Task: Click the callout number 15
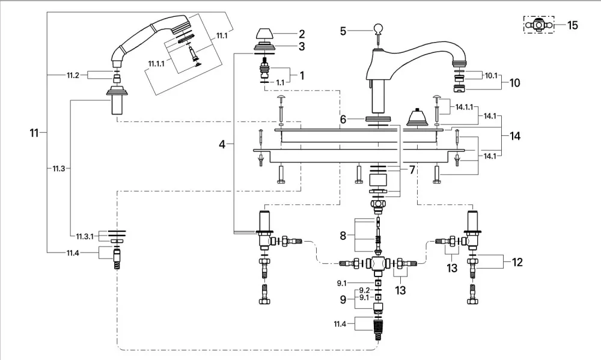coord(572,25)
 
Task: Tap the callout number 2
coord(302,34)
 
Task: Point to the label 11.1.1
coord(156,64)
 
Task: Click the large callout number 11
coord(34,133)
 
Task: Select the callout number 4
coord(222,144)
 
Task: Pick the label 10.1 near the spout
coord(491,76)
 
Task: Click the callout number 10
coord(514,83)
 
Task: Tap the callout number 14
coord(515,136)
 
